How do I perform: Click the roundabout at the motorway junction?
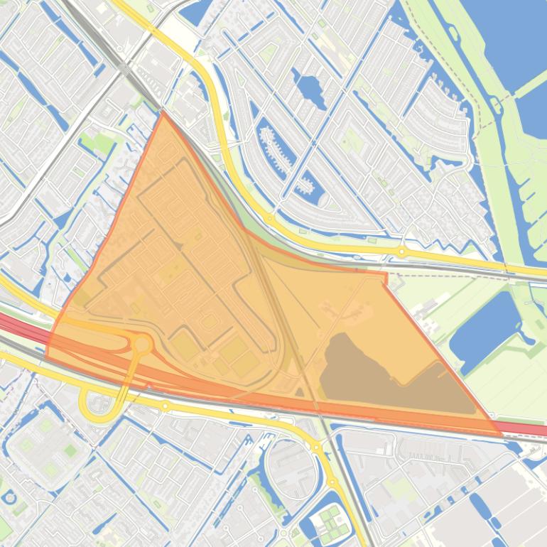click(x=142, y=345)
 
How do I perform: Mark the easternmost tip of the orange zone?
click(x=502, y=433)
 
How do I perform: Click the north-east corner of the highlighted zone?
click(x=386, y=273)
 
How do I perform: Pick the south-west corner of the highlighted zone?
click(x=47, y=355)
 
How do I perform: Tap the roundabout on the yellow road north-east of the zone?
click(x=402, y=251)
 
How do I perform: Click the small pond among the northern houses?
click(x=310, y=89)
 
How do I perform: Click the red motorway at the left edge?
click(x=11, y=323)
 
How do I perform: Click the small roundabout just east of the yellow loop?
click(x=166, y=406)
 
